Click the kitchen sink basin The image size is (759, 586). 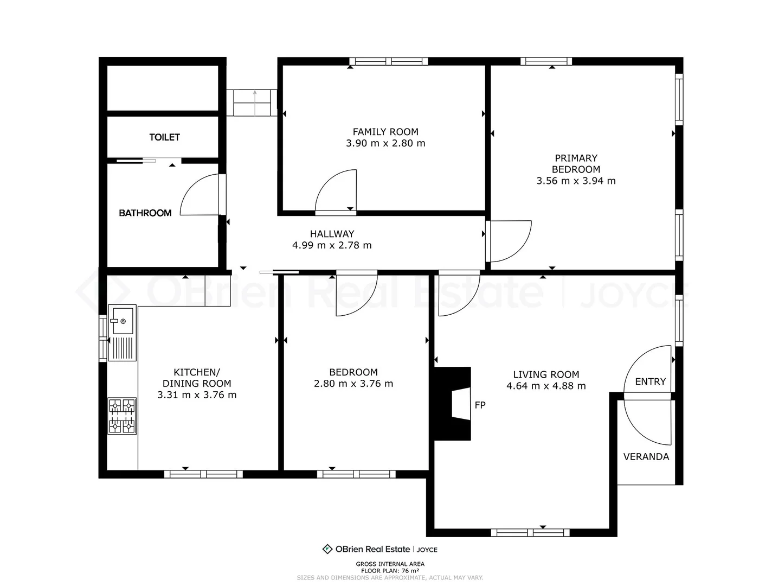[123, 321]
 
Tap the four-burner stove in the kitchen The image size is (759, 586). [122, 416]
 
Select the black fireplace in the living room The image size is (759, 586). [452, 403]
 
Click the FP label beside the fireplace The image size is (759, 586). [480, 405]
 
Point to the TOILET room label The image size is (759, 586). [164, 137]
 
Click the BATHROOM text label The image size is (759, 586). [145, 213]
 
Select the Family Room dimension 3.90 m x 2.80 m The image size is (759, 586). [385, 143]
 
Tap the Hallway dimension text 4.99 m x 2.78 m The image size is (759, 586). [332, 245]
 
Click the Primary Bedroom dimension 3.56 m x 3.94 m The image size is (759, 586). [576, 181]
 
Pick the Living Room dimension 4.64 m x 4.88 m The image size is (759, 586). [546, 386]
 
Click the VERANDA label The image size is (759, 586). [646, 457]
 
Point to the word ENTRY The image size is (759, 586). [651, 381]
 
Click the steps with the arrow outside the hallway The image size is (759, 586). [252, 103]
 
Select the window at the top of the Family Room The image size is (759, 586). [388, 61]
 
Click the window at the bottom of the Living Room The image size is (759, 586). [530, 532]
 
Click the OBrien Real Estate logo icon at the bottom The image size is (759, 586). [327, 549]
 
